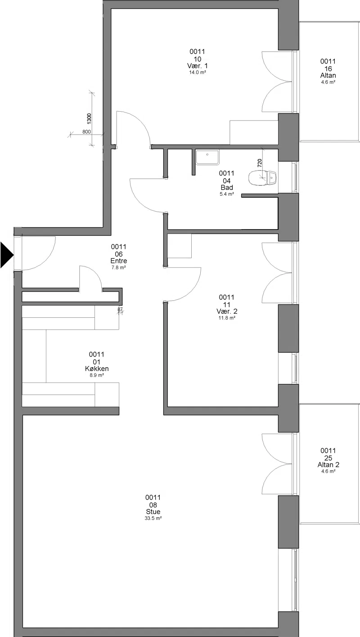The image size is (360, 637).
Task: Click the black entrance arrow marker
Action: [7, 255]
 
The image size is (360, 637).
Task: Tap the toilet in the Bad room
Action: [262, 178]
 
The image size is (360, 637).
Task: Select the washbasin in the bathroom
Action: [207, 157]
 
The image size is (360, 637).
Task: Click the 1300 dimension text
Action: [89, 118]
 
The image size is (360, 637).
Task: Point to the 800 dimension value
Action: [86, 131]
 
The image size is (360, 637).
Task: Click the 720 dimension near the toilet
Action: [259, 163]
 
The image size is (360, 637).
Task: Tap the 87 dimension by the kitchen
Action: [120, 309]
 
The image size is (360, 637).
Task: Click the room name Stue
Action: [153, 511]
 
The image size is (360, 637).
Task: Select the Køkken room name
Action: [97, 369]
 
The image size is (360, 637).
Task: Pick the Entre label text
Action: [119, 261]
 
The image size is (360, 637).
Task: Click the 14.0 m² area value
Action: [198, 72]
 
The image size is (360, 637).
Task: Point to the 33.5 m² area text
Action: [153, 518]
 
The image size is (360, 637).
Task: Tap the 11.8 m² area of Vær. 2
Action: [227, 318]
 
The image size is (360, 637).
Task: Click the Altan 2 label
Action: [328, 465]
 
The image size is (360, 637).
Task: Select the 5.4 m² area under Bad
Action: [227, 194]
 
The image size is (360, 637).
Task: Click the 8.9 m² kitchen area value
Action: [97, 375]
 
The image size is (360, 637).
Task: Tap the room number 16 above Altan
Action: [328, 68]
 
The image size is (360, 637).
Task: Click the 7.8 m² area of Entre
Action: [119, 267]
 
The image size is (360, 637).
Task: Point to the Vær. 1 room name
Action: [198, 66]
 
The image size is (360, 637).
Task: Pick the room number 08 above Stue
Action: [153, 505]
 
